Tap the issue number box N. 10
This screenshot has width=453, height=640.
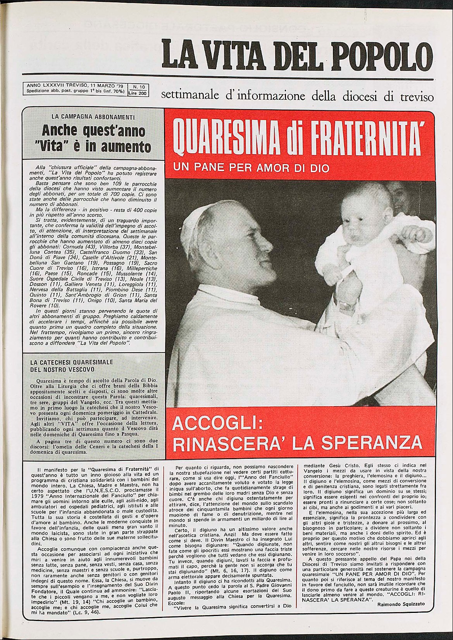pyautogui.click(x=138, y=87)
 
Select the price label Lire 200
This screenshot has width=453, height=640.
pyautogui.click(x=138, y=93)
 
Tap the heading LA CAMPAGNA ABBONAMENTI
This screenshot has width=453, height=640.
pyautogui.click(x=93, y=117)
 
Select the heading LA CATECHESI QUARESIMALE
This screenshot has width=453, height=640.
pyautogui.click(x=72, y=362)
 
